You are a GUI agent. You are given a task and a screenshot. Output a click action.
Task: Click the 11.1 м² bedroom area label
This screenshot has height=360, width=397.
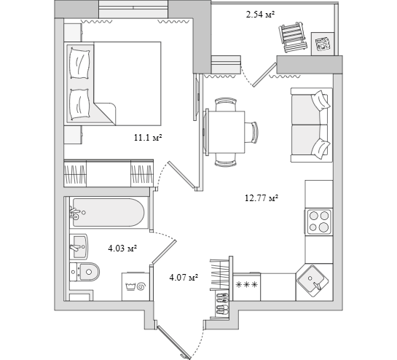tap(148, 138)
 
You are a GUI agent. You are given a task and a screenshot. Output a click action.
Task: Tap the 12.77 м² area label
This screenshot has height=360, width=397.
tap(262, 197)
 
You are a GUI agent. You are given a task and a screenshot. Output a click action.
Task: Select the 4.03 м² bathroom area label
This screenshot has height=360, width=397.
tap(122, 249)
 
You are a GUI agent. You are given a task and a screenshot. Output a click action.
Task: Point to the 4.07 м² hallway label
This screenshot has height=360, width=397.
tap(184, 278)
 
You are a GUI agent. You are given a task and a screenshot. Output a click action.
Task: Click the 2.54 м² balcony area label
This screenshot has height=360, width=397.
tap(261, 15)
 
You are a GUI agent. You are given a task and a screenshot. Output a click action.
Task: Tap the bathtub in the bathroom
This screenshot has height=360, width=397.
tap(109, 212)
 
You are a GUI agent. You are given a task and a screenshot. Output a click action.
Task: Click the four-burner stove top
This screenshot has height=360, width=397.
tap(319, 222)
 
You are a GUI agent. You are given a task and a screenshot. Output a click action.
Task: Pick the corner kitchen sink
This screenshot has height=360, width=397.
tap(313, 281)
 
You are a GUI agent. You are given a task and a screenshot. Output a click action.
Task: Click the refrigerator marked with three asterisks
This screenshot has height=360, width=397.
tap(247, 287)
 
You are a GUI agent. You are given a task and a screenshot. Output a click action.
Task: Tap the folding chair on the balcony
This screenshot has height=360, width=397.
tap(293, 37)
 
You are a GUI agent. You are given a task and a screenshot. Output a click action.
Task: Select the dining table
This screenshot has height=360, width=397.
tap(226, 132)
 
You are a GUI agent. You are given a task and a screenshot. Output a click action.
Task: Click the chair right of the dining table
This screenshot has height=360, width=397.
tap(251, 132)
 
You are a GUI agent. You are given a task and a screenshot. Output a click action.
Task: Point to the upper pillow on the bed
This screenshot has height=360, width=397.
tap(79, 63)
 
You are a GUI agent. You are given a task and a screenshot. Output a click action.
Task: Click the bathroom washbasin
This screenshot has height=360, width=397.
tap(79, 247)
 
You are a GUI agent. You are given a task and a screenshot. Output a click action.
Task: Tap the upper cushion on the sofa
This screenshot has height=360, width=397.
tap(321, 101)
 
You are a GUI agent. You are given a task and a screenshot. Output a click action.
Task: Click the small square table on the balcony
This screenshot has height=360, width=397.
tap(323, 43)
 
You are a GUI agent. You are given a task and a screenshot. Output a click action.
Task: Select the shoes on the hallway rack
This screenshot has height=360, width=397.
tap(222, 304)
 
